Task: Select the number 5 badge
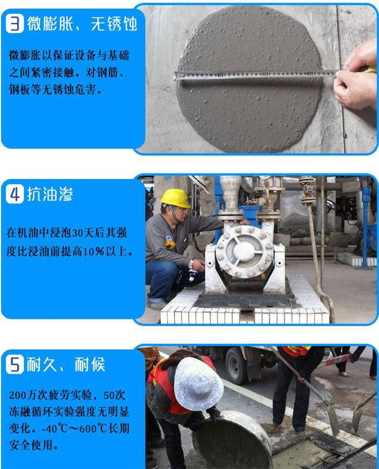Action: (x=15, y=364)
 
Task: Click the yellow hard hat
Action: (x=175, y=198)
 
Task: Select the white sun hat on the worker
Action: (x=198, y=384)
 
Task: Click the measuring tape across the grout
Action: (x=253, y=75)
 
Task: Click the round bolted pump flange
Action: (x=245, y=251)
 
